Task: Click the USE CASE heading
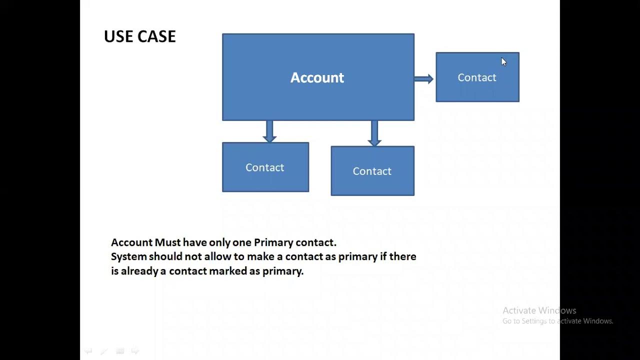[x=139, y=36]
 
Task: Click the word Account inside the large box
[x=317, y=77]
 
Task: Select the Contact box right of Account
[x=477, y=77]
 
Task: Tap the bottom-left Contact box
[x=265, y=167]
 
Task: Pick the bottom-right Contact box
[x=372, y=171]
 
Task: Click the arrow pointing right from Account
[x=424, y=78]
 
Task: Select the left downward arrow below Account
[x=269, y=131]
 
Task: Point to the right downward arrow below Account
[x=374, y=132]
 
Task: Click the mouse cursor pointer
[x=503, y=61]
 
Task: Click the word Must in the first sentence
[x=168, y=242]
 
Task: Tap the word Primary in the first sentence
[x=273, y=242]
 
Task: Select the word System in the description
[x=129, y=256]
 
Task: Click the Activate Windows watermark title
[x=539, y=310]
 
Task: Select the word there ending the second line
[x=403, y=256]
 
